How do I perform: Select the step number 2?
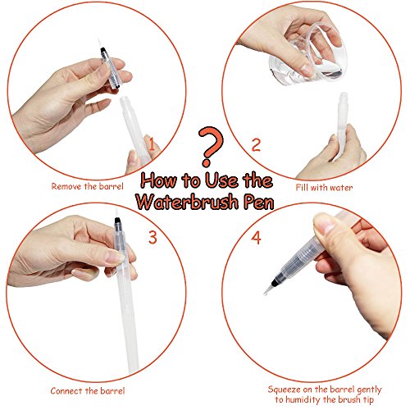[x=256, y=145]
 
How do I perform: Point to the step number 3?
[x=153, y=237]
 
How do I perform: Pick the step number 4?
[x=256, y=238]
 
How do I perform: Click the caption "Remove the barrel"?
[x=87, y=186]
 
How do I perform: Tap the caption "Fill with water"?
[x=324, y=188]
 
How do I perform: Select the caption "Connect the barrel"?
[x=88, y=391]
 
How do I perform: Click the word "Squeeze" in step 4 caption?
[x=284, y=389]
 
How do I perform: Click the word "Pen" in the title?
[x=258, y=203]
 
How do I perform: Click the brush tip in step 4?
[x=268, y=289]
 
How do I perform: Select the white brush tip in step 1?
[x=100, y=43]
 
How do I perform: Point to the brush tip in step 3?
[x=116, y=212]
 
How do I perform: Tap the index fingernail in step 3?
[x=114, y=257]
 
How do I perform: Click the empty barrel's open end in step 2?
[x=344, y=94]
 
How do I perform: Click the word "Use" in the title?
[x=221, y=180]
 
